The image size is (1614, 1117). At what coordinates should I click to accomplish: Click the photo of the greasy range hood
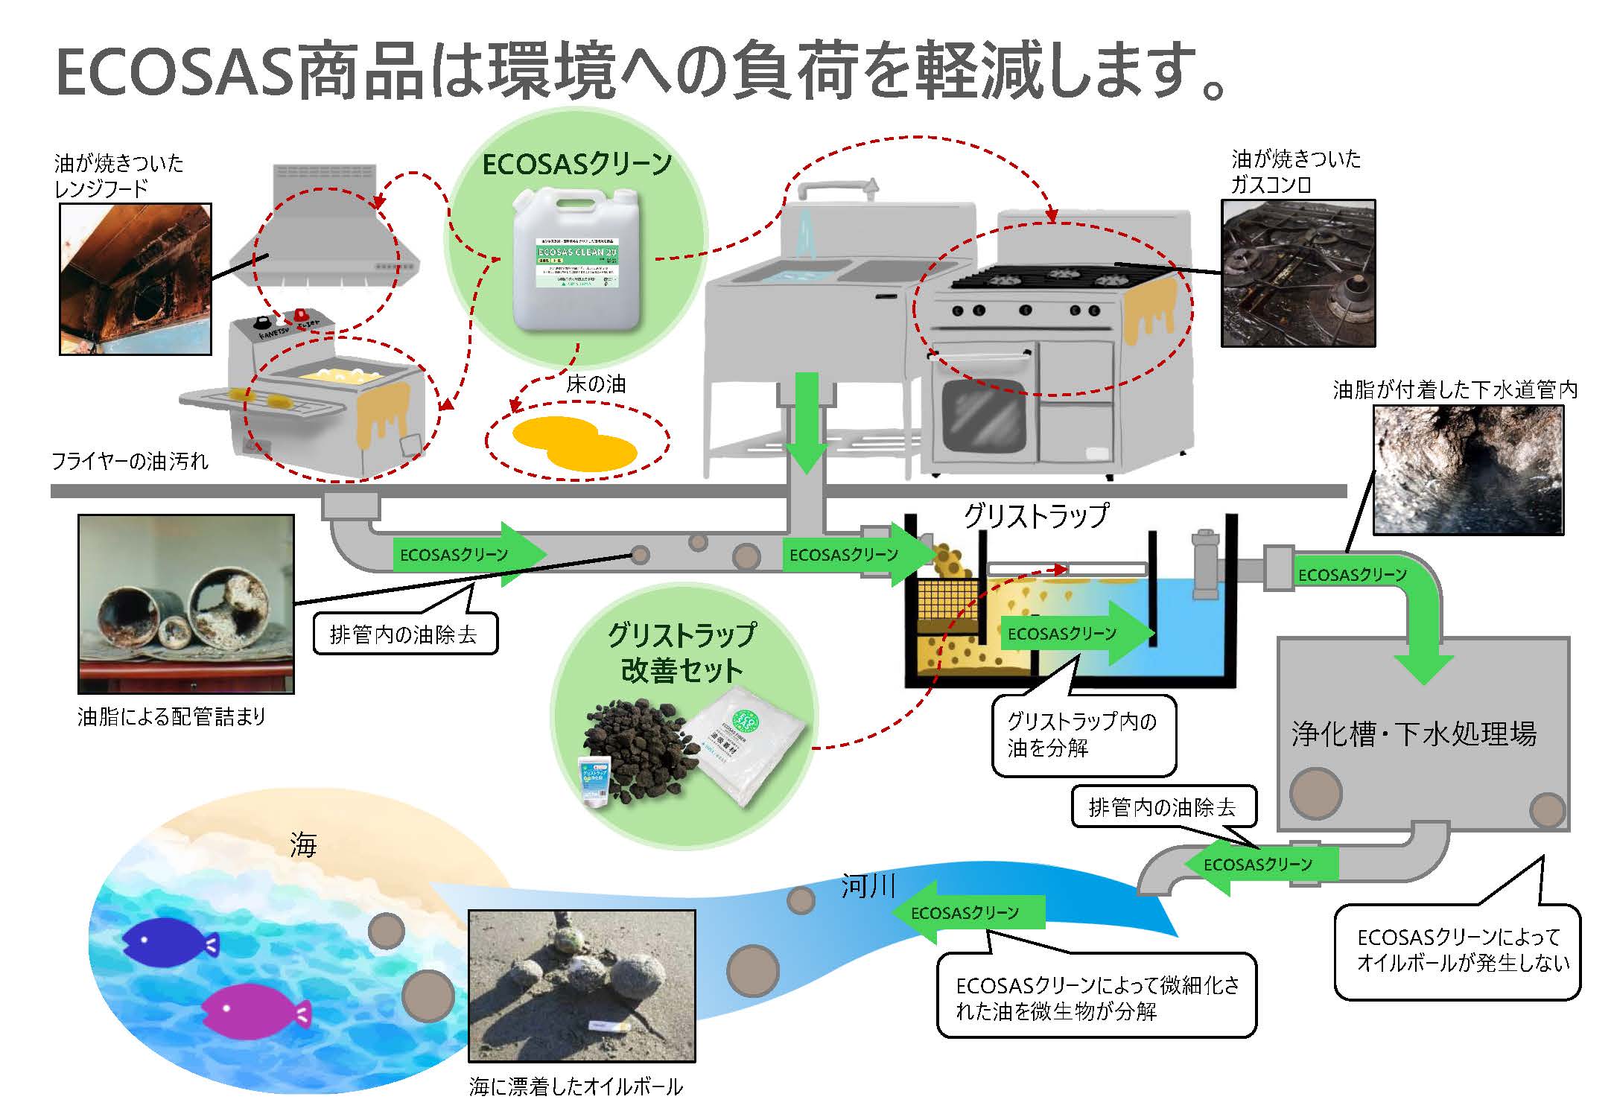[x=136, y=279]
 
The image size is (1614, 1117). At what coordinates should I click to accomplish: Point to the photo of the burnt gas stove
[x=1298, y=273]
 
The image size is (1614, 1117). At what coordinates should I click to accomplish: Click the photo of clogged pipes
[x=186, y=604]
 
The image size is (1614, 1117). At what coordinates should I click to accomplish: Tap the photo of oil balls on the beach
[x=582, y=986]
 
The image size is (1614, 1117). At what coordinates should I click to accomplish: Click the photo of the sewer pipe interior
[x=1468, y=470]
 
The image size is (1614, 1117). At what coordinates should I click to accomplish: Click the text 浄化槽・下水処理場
[x=1414, y=734]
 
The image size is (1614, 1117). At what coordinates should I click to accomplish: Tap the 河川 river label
[x=867, y=886]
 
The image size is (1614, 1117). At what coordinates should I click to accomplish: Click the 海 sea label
[x=303, y=845]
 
